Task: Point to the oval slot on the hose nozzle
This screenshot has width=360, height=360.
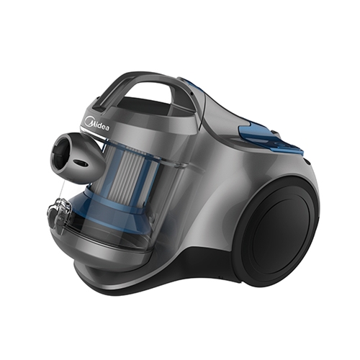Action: [81, 163]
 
